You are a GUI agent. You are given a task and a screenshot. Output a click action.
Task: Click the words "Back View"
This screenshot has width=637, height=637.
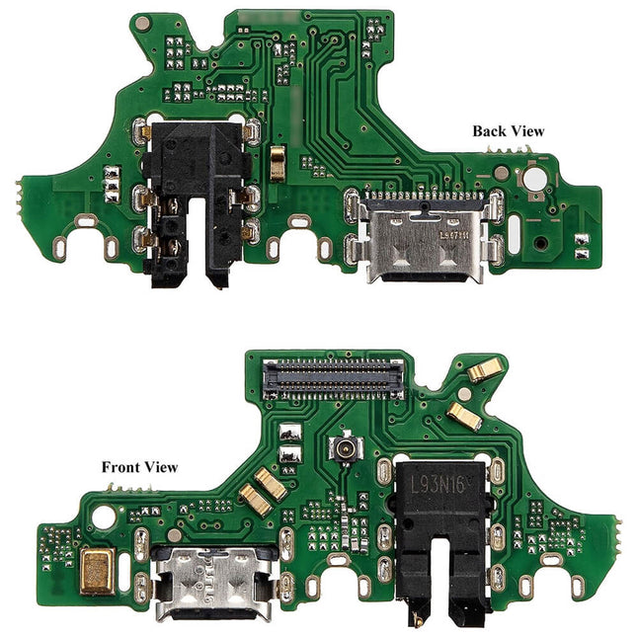pyautogui.click(x=508, y=129)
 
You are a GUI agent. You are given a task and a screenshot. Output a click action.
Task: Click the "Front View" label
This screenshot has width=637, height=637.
pyautogui.click(x=140, y=466)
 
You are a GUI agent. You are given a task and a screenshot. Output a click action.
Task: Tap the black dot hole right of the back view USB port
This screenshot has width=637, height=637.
pyautogui.click(x=539, y=241)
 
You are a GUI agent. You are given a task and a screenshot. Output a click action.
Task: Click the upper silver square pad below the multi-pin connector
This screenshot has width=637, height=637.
pyautogui.click(x=289, y=434)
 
